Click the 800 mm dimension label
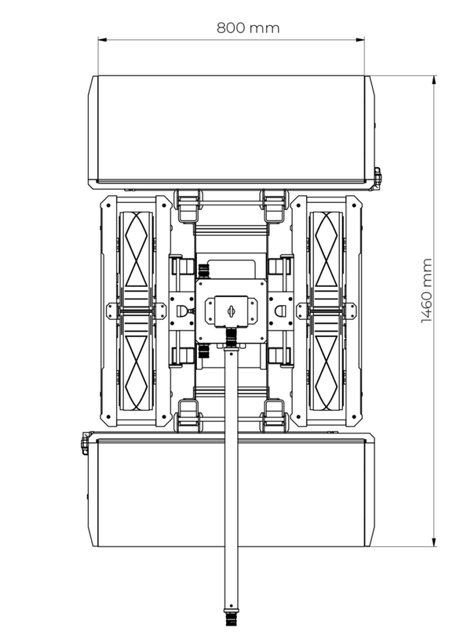coord(248,28)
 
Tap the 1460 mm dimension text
coord(427,291)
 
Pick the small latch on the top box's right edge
coord(377,177)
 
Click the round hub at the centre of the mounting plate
coord(231,311)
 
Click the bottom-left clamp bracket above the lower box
coord(187,415)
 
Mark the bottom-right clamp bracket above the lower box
coord(275,415)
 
